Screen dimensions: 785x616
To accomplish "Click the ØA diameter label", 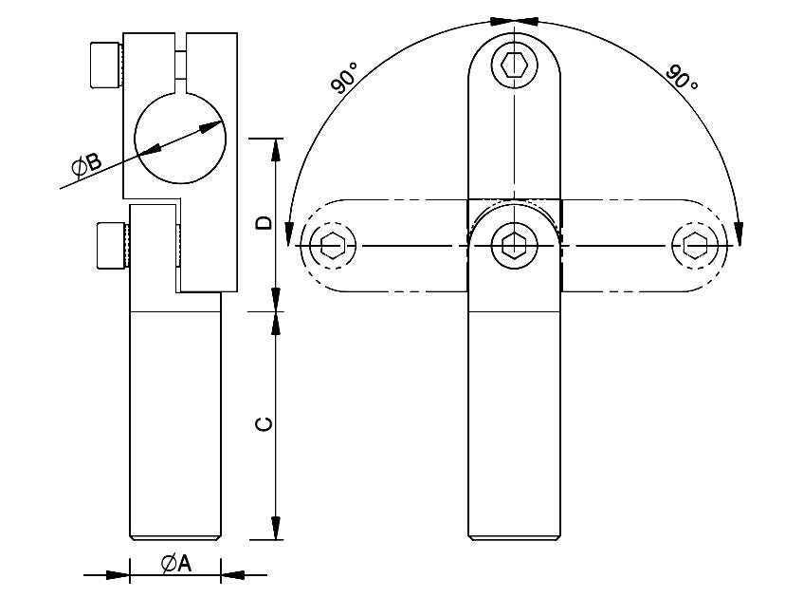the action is pos(176,564).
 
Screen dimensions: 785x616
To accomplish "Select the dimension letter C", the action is pos(264,423).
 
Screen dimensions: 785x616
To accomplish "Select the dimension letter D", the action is pos(264,222).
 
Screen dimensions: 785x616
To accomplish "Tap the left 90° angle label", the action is pos(345,78).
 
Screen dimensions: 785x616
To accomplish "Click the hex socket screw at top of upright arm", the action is pos(514,65).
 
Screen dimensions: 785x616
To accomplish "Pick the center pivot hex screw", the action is pos(514,245).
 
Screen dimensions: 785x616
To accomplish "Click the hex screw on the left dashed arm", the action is pos(333,245).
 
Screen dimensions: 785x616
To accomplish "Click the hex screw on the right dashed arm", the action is pos(695,245).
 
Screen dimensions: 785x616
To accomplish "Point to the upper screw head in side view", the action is pos(105,65).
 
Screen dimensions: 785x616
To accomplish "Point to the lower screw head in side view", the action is pos(113,245).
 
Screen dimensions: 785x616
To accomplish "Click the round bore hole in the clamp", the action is pos(180,138).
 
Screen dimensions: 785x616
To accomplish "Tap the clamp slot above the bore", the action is pos(180,64).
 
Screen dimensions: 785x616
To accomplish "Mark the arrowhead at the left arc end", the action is pos(289,233).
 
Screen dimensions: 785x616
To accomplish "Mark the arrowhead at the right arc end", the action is pos(739,233).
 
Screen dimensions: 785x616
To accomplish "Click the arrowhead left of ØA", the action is pos(118,575).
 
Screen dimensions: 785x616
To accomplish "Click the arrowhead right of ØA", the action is pos(232,575).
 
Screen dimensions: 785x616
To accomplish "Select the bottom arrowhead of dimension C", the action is pos(275,528).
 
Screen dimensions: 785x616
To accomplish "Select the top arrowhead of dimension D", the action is pos(275,149).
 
